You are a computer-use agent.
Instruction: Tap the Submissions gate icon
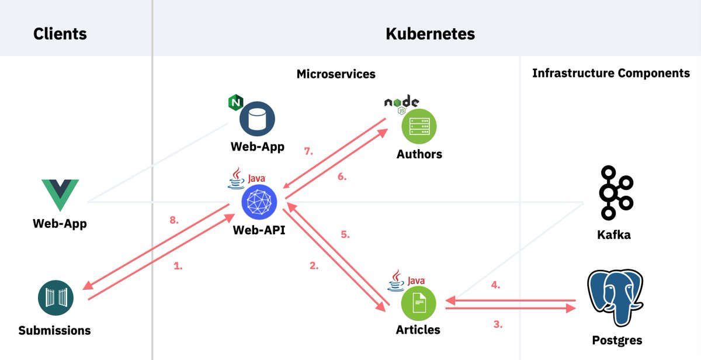(x=54, y=299)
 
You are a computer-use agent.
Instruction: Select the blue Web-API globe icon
(x=259, y=202)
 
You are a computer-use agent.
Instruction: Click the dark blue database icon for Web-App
(x=258, y=119)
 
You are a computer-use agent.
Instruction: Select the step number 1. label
(x=178, y=265)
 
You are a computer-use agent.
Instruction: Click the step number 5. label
(x=345, y=234)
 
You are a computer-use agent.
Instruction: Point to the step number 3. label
(x=498, y=324)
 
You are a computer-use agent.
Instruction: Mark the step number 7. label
(x=308, y=151)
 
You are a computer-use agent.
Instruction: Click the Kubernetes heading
(x=430, y=34)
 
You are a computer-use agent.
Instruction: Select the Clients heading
(x=60, y=34)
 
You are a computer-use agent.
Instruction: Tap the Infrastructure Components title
(x=611, y=74)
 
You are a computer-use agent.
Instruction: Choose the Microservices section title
(x=336, y=74)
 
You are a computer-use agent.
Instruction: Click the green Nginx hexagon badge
(x=235, y=103)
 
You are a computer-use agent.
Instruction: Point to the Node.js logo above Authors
(x=401, y=102)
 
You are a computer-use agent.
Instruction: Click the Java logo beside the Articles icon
(x=407, y=281)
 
